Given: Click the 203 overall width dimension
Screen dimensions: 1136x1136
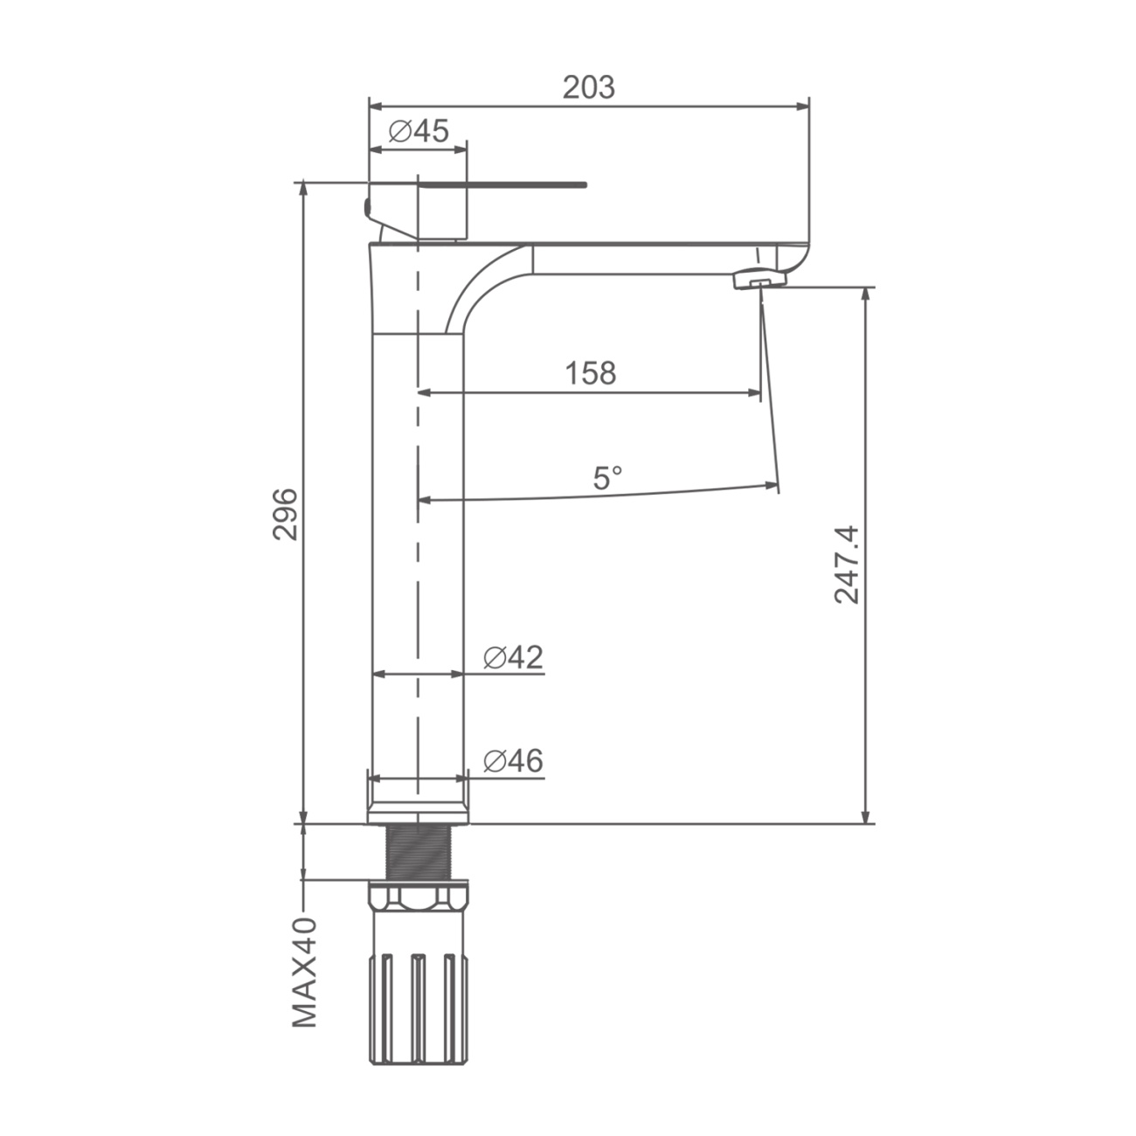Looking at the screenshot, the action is coord(588,87).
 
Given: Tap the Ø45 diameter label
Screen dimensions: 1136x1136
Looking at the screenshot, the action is coord(419,130).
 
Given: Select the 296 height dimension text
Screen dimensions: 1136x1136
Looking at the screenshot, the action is coord(286,514).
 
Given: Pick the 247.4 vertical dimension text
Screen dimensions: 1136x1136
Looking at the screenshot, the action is coord(847,565).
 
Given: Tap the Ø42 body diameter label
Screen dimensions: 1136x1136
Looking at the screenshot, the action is coord(513,657).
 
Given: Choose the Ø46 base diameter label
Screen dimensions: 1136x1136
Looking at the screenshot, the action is coord(513,761).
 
